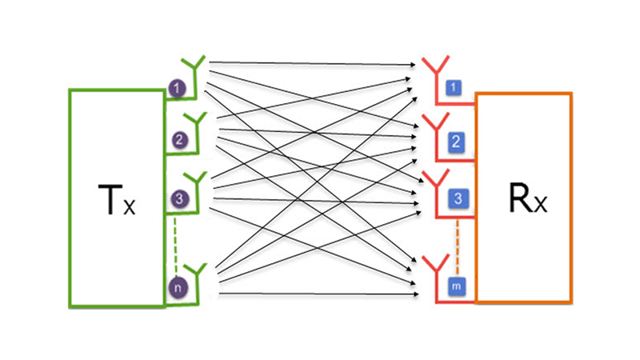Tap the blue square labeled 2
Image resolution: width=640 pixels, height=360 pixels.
pos(455,142)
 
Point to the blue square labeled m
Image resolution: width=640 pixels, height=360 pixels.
pos(456,284)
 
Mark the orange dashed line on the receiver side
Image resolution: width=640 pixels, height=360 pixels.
pos(458,240)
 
